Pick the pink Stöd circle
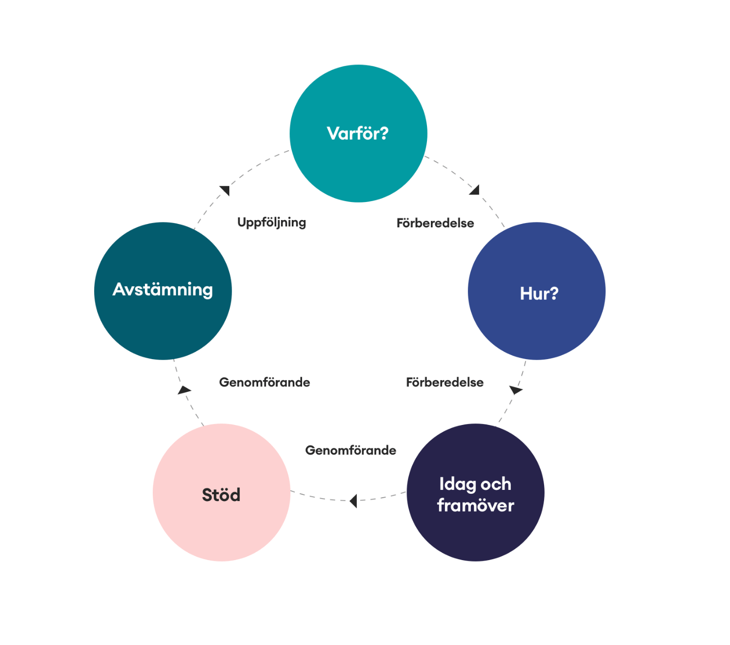(221, 522)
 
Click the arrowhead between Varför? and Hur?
(475, 190)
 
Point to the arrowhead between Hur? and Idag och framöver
(515, 390)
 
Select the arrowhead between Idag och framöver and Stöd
(354, 501)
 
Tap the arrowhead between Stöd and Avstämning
(184, 389)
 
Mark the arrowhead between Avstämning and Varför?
(225, 190)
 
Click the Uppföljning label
(271, 222)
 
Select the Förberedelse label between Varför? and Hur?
(435, 223)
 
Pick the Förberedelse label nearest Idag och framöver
(445, 382)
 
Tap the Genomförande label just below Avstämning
(264, 382)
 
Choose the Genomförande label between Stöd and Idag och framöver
(350, 450)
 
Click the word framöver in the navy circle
(475, 505)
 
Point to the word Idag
(458, 484)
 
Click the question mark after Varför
(384, 133)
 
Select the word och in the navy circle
(496, 484)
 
